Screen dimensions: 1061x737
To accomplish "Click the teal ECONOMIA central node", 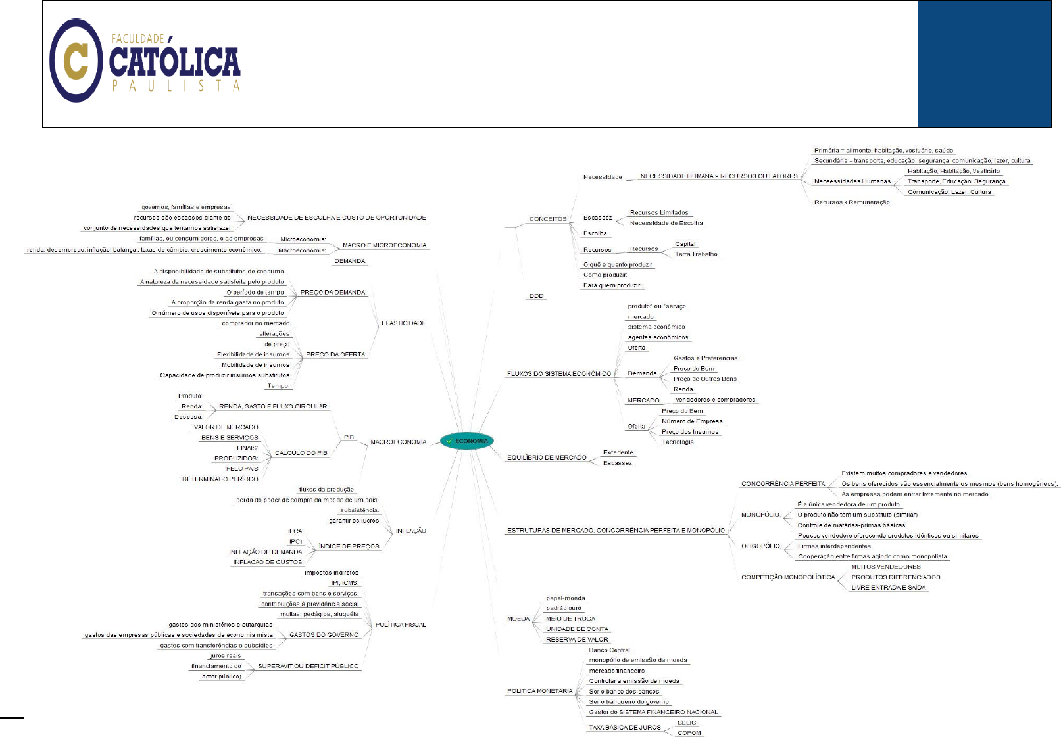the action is (x=466, y=441).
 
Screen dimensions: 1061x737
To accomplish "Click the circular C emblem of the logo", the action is (x=76, y=60).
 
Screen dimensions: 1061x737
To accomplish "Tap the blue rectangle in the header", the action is (x=984, y=64).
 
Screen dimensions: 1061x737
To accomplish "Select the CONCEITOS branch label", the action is (x=548, y=219).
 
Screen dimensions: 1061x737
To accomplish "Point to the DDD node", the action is (x=537, y=296).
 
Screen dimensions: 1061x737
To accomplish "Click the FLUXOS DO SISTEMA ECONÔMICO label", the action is (x=558, y=374).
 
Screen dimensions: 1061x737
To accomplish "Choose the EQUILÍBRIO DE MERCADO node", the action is (x=546, y=458).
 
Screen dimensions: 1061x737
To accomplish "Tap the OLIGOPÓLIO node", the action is (x=761, y=546).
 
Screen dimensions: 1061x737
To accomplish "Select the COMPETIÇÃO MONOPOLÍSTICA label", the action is (x=788, y=577).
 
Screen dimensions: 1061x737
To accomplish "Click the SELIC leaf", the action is (x=687, y=723).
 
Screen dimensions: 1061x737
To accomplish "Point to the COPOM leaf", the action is (x=689, y=733).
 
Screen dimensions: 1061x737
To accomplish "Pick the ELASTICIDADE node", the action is (x=404, y=323).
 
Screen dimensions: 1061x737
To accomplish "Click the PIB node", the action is (x=349, y=437).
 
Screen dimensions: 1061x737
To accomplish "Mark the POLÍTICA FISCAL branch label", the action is (x=401, y=625).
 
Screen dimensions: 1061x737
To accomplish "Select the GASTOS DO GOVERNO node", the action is (x=324, y=635).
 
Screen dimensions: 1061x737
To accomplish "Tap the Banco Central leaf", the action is (x=609, y=650).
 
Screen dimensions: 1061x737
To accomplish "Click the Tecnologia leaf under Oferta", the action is (x=678, y=442).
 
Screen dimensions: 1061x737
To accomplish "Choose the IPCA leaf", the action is (x=295, y=531).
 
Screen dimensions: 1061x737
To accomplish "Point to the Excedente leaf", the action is (x=618, y=452).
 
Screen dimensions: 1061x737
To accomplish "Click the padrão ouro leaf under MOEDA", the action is (x=564, y=608).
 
